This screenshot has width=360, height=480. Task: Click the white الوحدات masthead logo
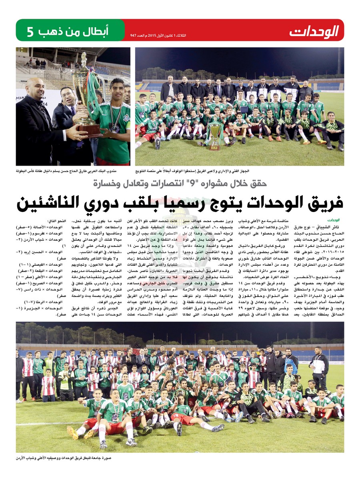click(314, 31)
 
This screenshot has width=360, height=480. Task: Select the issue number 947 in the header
click(134, 36)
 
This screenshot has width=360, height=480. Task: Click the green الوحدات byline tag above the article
click(333, 220)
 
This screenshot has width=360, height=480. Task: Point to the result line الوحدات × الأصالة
click(40, 226)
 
